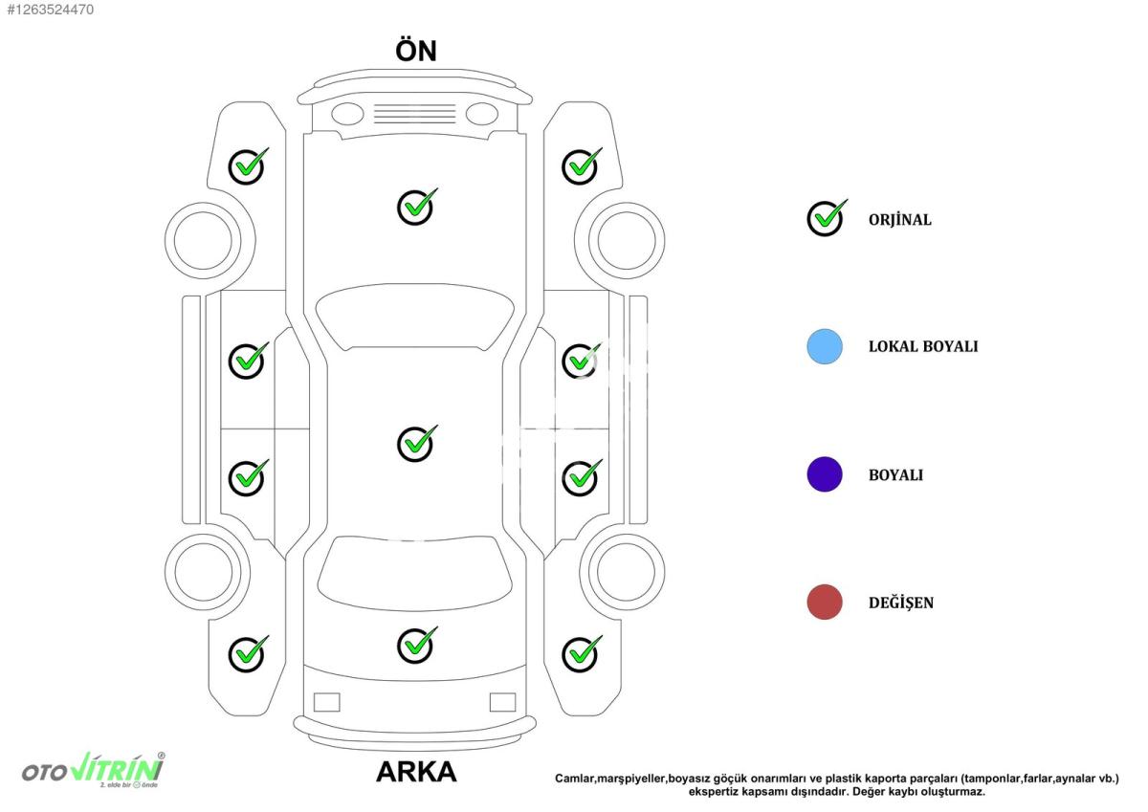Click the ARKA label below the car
pyautogui.click(x=416, y=772)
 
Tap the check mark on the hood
pyautogui.click(x=417, y=207)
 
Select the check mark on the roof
pyautogui.click(x=417, y=443)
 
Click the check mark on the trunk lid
pyautogui.click(x=417, y=645)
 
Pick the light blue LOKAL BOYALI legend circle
pyautogui.click(x=825, y=347)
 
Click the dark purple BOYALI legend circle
pyautogui.click(x=825, y=474)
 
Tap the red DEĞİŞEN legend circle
pyautogui.click(x=825, y=602)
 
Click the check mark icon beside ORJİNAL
pyautogui.click(x=827, y=218)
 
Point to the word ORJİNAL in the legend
pyautogui.click(x=900, y=220)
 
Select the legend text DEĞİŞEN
pyautogui.click(x=901, y=603)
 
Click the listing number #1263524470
pyautogui.click(x=50, y=10)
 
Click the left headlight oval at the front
pyautogui.click(x=347, y=114)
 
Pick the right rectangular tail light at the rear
pyautogui.click(x=503, y=702)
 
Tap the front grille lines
pyautogui.click(x=414, y=114)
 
